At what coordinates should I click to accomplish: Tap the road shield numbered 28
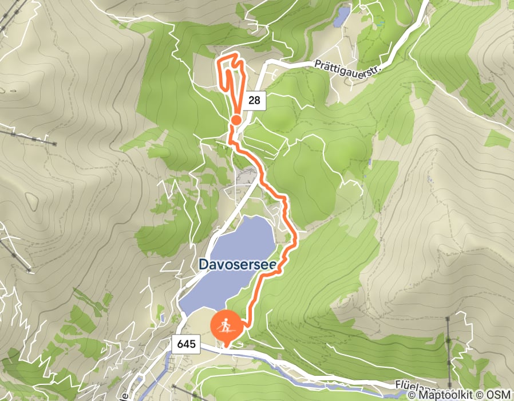click(255, 101)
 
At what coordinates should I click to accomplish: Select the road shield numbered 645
click(187, 344)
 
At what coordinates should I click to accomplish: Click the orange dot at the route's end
click(235, 120)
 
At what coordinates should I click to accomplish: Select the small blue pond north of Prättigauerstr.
click(342, 15)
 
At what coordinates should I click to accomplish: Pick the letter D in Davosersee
click(203, 264)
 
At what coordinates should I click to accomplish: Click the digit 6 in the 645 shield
click(180, 344)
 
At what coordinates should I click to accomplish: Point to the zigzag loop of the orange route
click(231, 74)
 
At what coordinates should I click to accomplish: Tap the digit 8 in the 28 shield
click(258, 101)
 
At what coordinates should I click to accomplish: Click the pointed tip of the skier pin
click(227, 346)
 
